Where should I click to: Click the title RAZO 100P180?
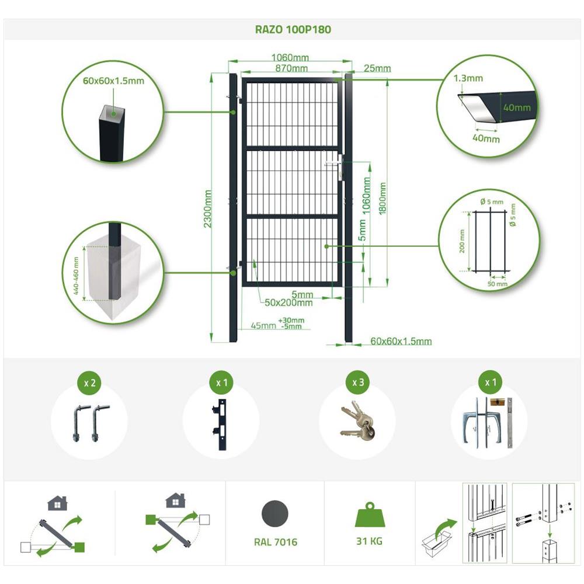(293, 29)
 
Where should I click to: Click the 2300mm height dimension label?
(207, 209)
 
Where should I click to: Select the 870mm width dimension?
(291, 68)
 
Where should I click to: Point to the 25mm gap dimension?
(377, 68)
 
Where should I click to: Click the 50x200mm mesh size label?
(288, 303)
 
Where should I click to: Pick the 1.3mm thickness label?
(468, 78)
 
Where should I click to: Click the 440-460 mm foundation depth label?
(77, 276)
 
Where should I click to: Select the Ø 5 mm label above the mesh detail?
(492, 201)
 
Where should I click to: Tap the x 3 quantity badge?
(358, 383)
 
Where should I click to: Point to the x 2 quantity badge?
(89, 383)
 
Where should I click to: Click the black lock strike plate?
(221, 425)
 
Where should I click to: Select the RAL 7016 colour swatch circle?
(275, 513)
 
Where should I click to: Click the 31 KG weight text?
(369, 541)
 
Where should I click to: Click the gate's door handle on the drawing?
(333, 163)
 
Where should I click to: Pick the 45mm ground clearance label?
(263, 325)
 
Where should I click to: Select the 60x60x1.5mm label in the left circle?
(113, 81)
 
